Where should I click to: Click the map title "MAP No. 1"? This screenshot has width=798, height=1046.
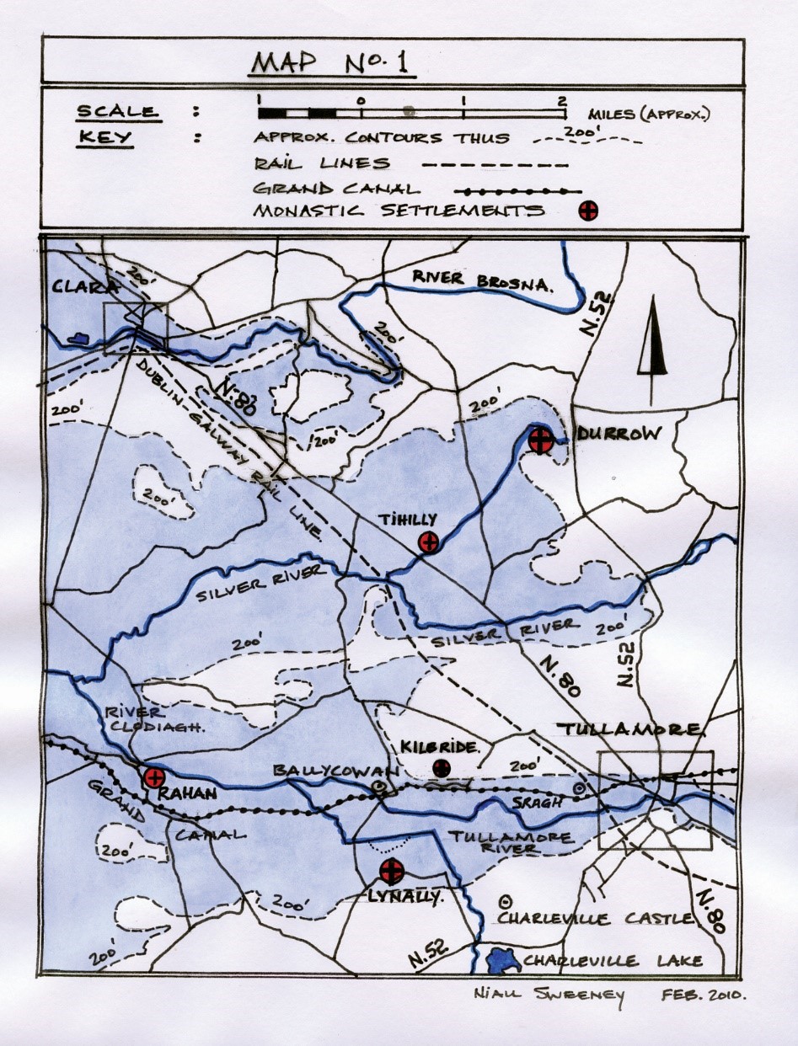(332, 65)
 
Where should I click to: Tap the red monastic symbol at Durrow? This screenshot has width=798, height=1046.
(540, 439)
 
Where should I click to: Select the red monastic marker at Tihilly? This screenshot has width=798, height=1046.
(429, 542)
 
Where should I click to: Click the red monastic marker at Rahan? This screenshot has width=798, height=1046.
(153, 777)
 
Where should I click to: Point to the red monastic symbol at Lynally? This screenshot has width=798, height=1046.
(390, 871)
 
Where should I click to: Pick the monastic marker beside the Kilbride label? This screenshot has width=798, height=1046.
(441, 766)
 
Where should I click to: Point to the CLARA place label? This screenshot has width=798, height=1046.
(82, 287)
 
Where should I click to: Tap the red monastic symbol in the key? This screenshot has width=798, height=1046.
(588, 211)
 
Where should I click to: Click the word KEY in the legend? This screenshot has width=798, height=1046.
(104, 137)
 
